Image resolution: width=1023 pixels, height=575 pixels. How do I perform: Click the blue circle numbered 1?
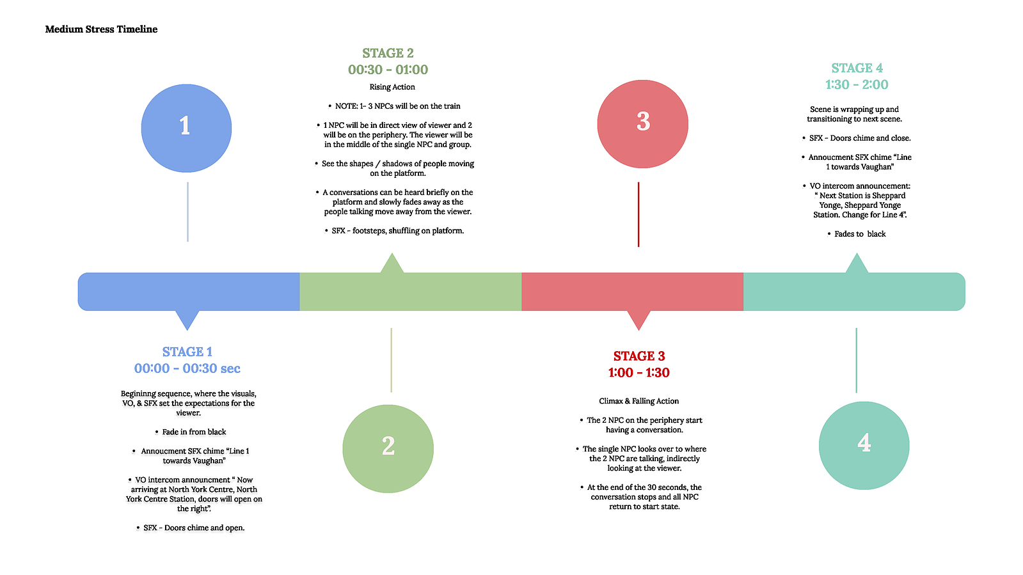click(186, 128)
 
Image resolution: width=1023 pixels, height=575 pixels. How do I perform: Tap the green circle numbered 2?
click(388, 448)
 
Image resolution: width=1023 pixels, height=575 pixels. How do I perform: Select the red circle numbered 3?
click(642, 124)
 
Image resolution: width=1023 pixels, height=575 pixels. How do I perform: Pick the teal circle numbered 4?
click(864, 445)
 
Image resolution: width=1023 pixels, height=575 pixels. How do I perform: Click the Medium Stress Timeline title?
click(101, 29)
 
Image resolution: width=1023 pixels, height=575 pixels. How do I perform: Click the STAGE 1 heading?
click(187, 352)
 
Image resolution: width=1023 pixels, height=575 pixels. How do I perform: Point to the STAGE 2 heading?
click(388, 53)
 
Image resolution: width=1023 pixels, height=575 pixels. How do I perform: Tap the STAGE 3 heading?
click(639, 356)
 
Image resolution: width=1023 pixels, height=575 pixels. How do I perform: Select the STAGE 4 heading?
click(857, 68)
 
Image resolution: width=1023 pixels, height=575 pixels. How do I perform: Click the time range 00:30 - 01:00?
click(388, 70)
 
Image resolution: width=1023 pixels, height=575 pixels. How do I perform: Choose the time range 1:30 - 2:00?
click(857, 84)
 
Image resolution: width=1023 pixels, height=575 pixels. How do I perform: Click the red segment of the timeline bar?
click(633, 292)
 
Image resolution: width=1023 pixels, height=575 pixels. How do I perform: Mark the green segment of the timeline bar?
click(411, 292)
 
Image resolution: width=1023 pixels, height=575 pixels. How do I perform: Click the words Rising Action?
click(392, 87)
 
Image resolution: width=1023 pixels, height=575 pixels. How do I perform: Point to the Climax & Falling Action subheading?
click(639, 401)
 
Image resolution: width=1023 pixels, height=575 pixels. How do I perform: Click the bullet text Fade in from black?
click(194, 432)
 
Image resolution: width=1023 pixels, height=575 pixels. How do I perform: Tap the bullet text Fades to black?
click(860, 234)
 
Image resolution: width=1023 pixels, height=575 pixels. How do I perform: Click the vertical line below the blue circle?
click(187, 212)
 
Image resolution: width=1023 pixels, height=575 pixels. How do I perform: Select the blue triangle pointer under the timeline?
click(187, 320)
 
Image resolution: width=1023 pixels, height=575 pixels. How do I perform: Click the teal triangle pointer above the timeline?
click(857, 264)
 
